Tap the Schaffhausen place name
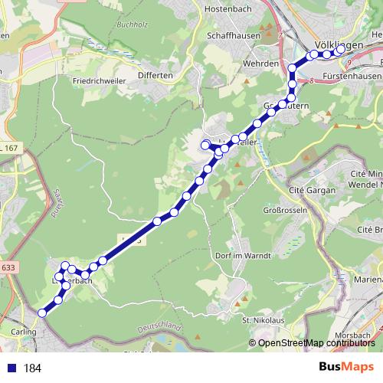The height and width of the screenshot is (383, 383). coord(234,36)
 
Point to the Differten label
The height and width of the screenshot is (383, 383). coord(155,75)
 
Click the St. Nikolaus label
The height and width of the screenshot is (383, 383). coord(257,319)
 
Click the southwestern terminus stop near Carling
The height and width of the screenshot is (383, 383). coord(42,313)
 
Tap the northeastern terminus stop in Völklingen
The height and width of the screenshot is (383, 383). coord(341,50)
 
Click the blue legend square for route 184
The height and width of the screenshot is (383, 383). coord(9,368)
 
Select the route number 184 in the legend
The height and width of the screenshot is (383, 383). coord(32,368)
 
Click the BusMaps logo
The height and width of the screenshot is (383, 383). coord(346,367)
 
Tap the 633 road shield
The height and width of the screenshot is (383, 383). coord(8,267)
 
